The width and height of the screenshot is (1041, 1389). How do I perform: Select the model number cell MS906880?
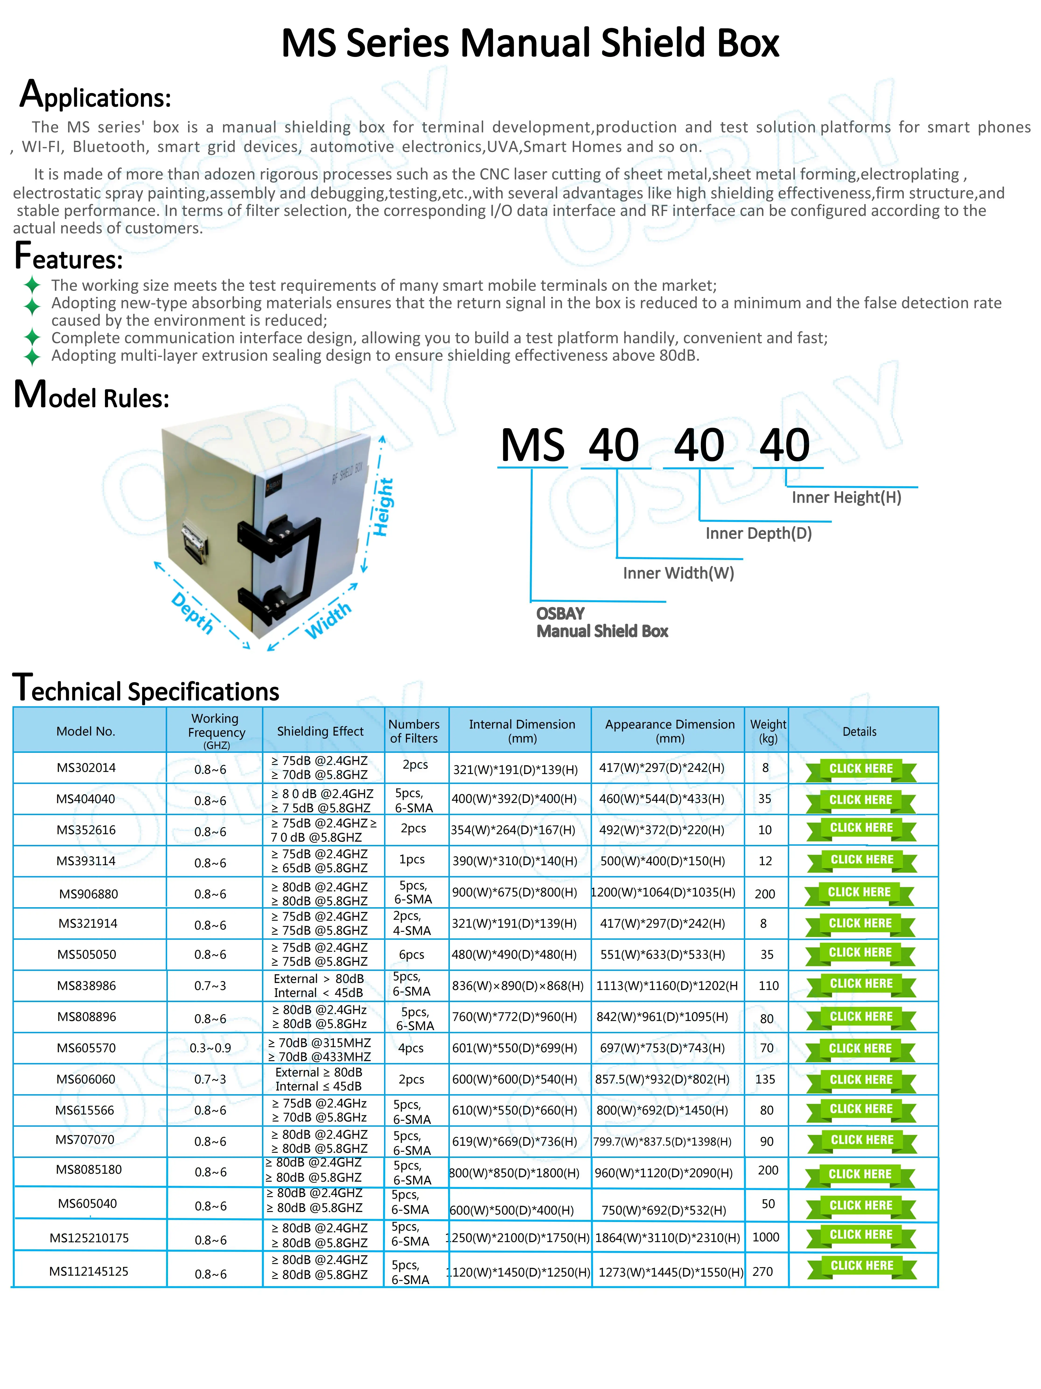pyautogui.click(x=89, y=894)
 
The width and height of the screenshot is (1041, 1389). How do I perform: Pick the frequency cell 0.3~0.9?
pyautogui.click(x=210, y=1048)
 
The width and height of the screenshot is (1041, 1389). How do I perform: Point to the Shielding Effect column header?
pyautogui.click(x=320, y=731)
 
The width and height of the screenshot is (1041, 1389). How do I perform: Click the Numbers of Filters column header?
pyautogui.click(x=414, y=731)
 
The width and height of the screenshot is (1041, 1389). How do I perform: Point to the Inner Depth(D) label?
pyautogui.click(x=758, y=533)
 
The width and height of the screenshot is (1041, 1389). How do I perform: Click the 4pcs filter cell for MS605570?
pyautogui.click(x=411, y=1048)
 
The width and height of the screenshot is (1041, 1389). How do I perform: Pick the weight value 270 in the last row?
pyautogui.click(x=763, y=1271)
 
